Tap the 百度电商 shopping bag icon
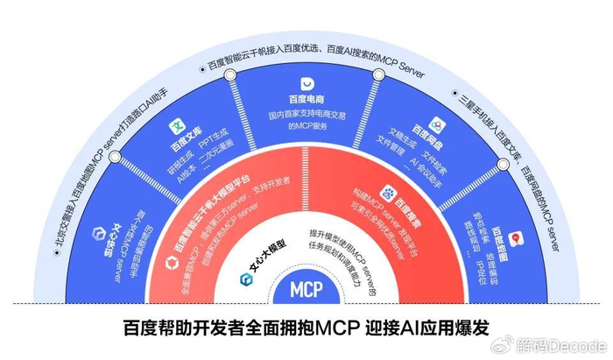[x=307, y=83]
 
